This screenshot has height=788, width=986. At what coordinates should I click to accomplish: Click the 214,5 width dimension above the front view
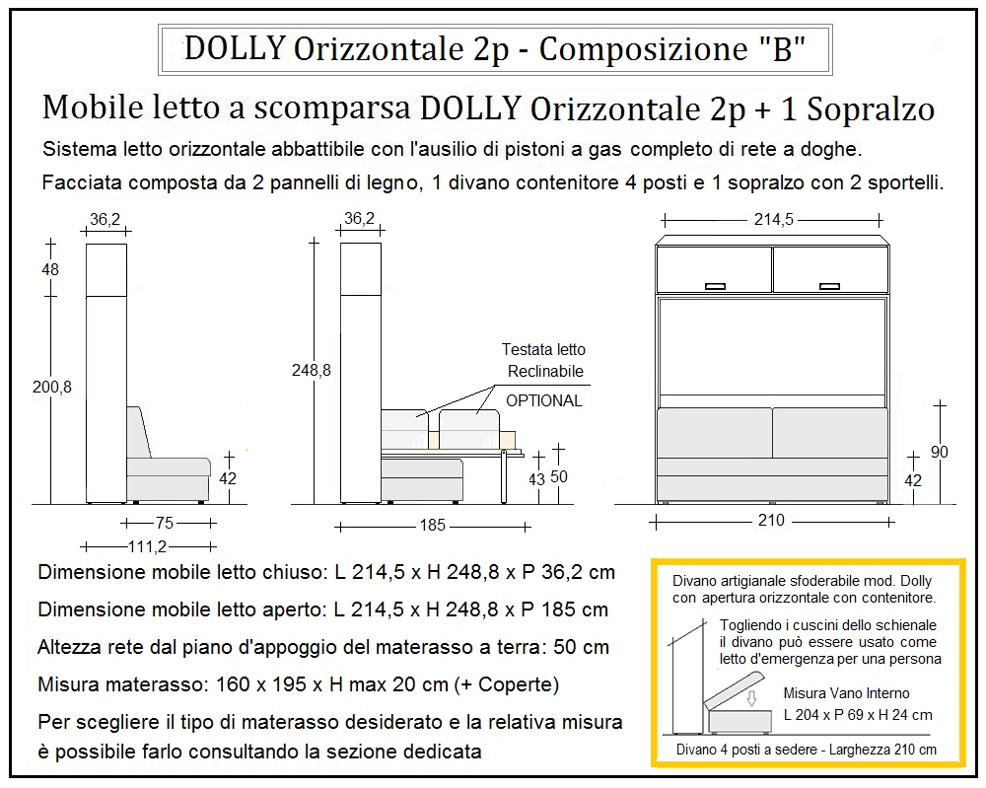(773, 220)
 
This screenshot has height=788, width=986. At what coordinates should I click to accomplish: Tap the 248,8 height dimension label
(312, 370)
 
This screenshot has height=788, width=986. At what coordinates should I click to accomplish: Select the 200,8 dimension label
(52, 388)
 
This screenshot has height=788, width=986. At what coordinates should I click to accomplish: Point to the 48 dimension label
(51, 269)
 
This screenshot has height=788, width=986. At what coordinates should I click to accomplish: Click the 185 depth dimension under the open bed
(433, 526)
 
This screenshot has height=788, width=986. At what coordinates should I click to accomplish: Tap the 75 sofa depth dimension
(164, 524)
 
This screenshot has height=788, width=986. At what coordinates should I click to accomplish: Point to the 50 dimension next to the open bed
(559, 477)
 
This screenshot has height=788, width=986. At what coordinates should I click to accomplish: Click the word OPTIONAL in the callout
(543, 400)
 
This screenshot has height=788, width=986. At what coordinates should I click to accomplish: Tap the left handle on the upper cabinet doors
(716, 287)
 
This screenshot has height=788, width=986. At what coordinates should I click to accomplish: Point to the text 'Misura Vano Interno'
(846, 693)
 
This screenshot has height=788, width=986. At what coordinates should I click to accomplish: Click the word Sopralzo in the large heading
(871, 108)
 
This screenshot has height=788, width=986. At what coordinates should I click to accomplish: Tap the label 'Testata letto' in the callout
(543, 350)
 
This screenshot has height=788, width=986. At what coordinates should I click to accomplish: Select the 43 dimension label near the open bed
(536, 480)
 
